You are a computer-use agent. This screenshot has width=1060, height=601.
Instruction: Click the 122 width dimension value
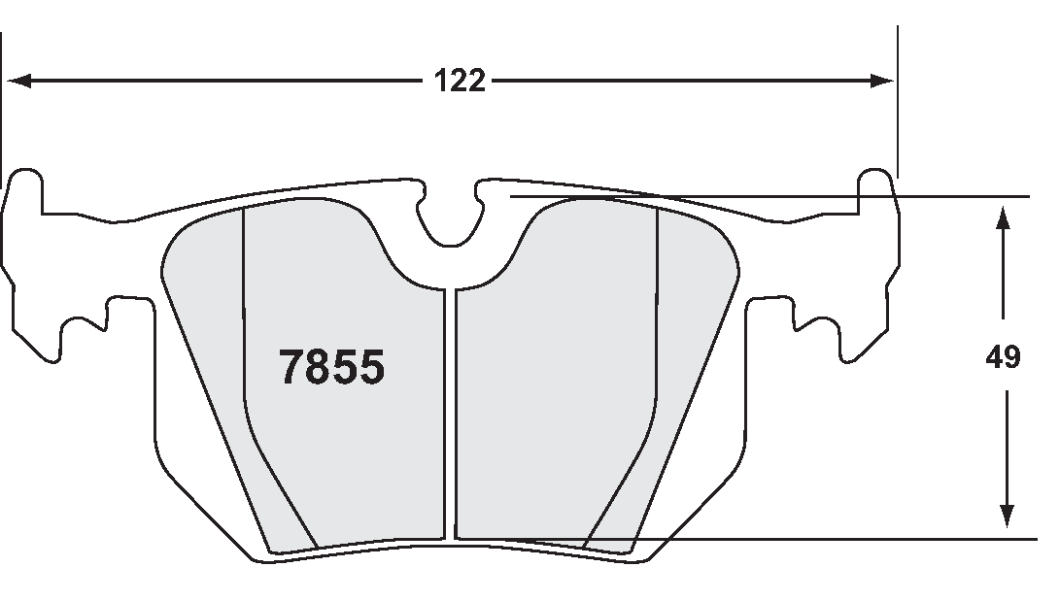point(460,82)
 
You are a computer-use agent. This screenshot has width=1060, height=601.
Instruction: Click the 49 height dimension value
point(1003,358)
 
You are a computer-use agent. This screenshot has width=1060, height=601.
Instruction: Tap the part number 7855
point(332,368)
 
